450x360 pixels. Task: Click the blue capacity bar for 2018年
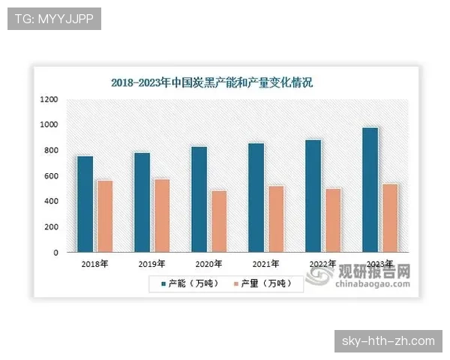tap(85, 204)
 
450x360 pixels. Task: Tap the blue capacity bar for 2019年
tap(142, 202)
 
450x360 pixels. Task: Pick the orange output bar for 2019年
tap(161, 215)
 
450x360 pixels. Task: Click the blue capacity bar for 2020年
tap(199, 199)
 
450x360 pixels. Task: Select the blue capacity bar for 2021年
tap(256, 197)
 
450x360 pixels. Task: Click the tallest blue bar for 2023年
tap(370, 190)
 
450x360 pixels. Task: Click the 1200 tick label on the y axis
tap(49, 99)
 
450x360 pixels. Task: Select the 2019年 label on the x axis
tap(152, 264)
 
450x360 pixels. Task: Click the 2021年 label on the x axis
tap(265, 264)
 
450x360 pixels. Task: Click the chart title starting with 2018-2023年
tap(211, 82)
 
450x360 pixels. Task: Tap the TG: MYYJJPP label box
tap(53, 19)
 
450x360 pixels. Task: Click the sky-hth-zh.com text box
tap(387, 341)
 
